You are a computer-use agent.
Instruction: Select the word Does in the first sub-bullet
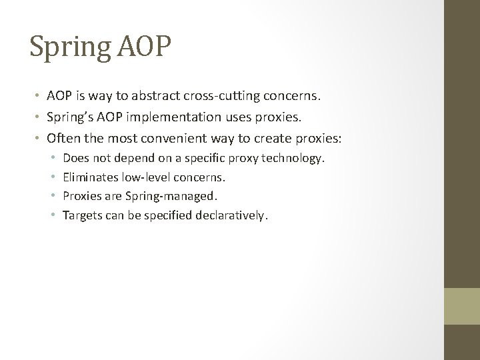tap(74, 158)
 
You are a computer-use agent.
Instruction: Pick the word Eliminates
tap(89, 177)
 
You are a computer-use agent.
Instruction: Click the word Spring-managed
tap(179, 197)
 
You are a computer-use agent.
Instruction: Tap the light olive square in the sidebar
tap(462, 305)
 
